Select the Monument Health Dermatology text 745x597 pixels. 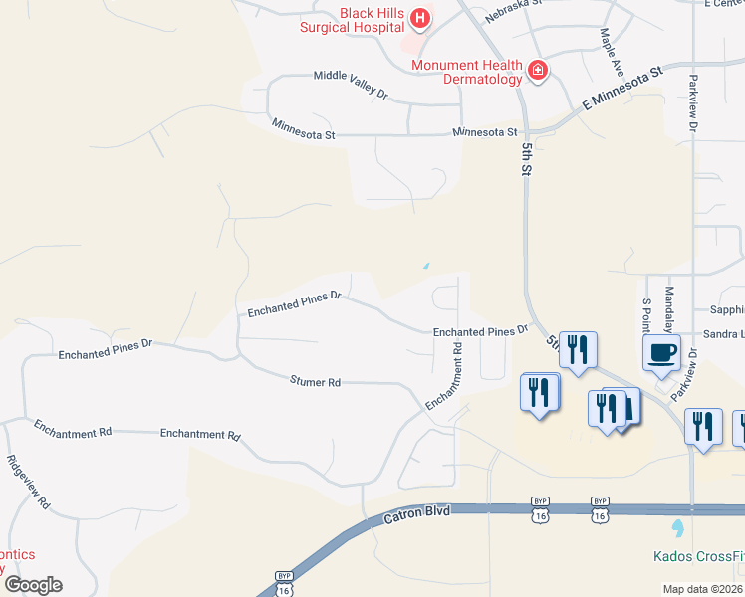click(x=467, y=73)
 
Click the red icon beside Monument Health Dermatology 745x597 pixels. click(x=538, y=70)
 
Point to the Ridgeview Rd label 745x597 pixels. click(x=28, y=483)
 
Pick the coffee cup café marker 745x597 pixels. click(x=662, y=353)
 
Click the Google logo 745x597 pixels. click(x=33, y=584)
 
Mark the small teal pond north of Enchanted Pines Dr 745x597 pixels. click(x=426, y=266)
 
